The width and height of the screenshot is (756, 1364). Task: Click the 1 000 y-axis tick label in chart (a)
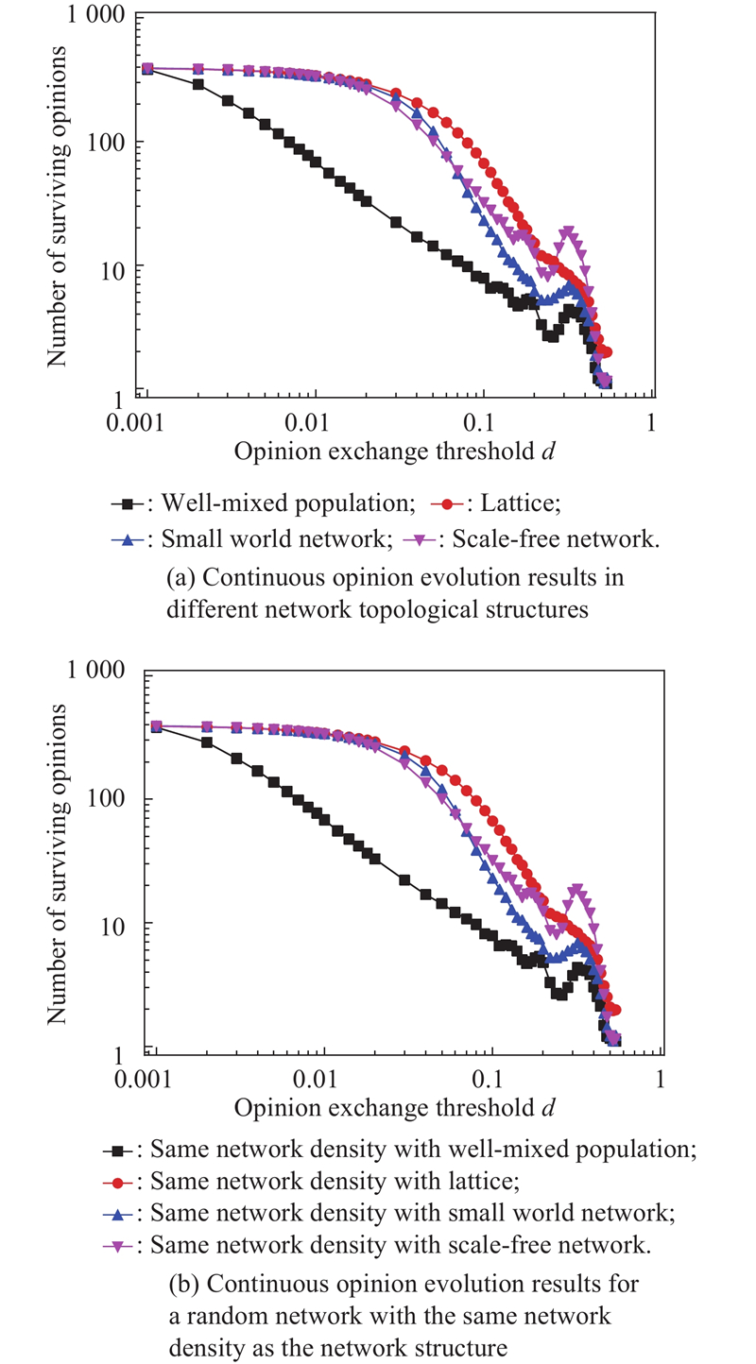coord(95,14)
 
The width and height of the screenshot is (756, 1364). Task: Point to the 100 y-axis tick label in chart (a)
coord(106,143)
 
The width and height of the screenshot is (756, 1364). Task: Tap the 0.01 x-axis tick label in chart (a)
coord(306,422)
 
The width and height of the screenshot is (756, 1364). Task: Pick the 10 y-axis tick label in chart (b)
coord(112,927)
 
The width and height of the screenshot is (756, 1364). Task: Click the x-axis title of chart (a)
coord(394,452)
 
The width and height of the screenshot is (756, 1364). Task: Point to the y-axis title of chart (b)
coord(57,863)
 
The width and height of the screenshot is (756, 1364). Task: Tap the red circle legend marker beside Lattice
coord(448,503)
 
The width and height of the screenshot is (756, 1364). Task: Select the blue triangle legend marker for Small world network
coord(128,539)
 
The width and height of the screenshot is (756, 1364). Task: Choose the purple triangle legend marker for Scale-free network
coord(419,539)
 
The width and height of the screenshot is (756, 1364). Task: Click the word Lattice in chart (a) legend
coord(520,503)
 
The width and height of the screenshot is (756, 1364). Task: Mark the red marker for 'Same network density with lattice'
coord(119,1182)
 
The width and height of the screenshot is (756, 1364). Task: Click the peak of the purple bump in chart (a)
coord(568,231)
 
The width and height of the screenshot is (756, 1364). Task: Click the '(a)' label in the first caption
coord(180,577)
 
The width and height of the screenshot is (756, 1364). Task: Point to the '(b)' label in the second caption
coord(183,1284)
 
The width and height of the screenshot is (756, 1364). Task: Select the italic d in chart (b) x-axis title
coord(548,1107)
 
